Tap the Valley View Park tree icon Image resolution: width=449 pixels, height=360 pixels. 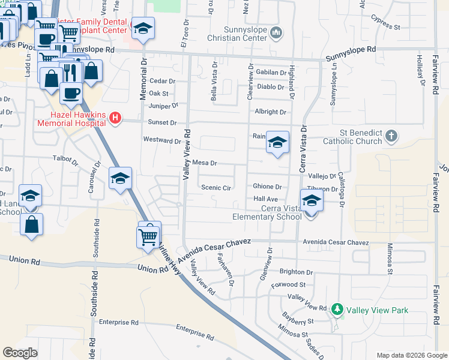pos(337,310)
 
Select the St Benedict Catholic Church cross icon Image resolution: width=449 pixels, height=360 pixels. pos(391,136)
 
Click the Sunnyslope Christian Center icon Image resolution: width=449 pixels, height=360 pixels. pos(276,32)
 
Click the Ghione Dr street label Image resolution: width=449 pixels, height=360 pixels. pos(267,187)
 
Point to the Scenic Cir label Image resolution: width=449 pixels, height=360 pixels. pos(216,187)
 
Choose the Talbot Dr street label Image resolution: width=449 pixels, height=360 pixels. pos(66,161)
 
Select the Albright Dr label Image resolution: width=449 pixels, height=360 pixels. pos(270,112)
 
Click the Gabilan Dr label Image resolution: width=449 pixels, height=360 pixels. pos(271,73)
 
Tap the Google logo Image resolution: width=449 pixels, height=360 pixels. pos(20,353)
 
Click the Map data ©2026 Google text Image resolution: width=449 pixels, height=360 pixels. pos(411,355)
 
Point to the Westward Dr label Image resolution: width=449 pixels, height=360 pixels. pos(162,140)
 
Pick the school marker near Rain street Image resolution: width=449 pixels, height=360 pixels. pos(277,143)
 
